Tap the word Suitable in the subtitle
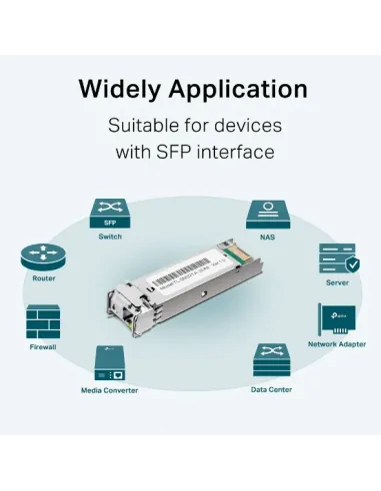[x=146, y=127]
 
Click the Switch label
[x=110, y=238]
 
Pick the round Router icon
[x=43, y=259]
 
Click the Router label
[x=43, y=280]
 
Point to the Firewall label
[x=42, y=348]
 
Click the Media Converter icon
[x=110, y=362]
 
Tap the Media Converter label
[x=110, y=389]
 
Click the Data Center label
[x=270, y=389]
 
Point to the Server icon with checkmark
[x=337, y=259]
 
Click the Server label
[x=337, y=282]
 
